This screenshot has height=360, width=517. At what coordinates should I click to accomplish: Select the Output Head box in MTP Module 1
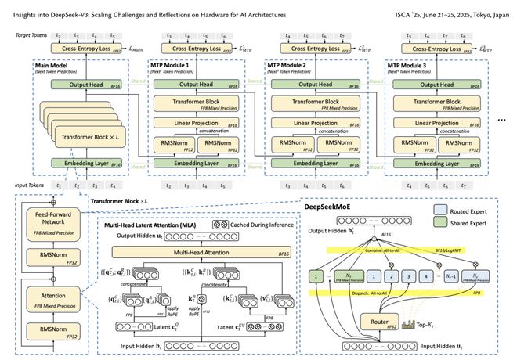192,86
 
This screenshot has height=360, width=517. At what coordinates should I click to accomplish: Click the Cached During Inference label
247,224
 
